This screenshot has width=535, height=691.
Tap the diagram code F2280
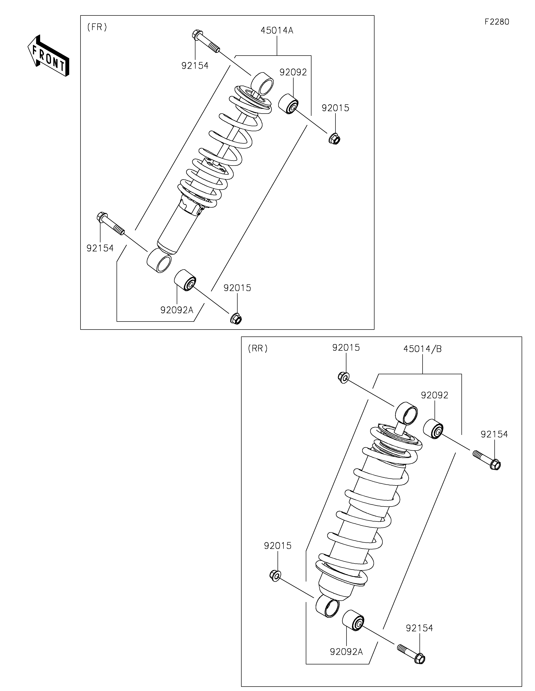(497, 22)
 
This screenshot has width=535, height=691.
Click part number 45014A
(277, 31)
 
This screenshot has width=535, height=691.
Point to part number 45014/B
(422, 349)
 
